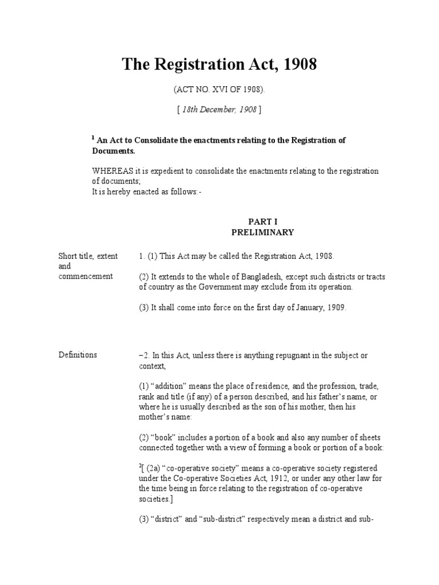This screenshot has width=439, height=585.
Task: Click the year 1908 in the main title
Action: pos(297,65)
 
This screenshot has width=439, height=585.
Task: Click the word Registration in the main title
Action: pos(193,65)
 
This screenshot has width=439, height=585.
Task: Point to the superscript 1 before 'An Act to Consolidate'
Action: pos(93,138)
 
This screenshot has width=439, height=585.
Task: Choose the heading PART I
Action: pos(262,221)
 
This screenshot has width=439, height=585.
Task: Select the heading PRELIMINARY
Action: pos(262,233)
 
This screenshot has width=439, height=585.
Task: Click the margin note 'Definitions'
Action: pos(78,355)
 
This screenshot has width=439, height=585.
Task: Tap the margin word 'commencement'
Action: pos(86,277)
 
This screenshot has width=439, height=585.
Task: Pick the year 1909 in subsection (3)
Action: pos(334,307)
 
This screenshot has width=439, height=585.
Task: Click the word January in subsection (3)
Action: pos(304,307)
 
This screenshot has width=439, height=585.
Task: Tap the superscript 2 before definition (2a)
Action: pos(140,465)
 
